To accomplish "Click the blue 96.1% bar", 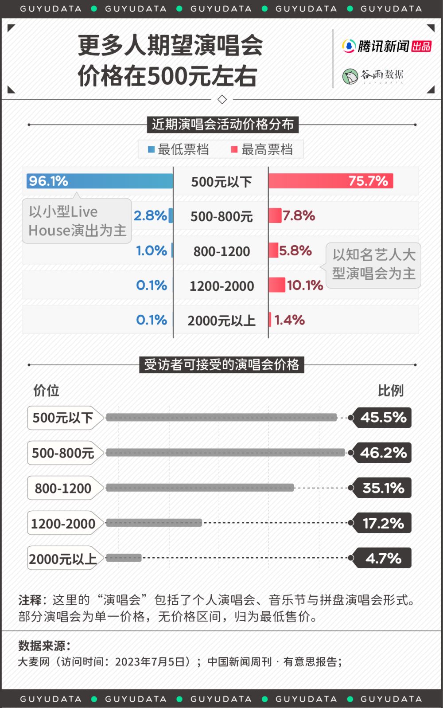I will (x=100, y=181).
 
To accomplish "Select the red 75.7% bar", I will (x=330, y=181).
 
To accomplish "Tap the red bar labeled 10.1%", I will (x=277, y=285).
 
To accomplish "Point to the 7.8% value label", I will (x=299, y=216).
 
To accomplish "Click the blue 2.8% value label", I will (x=150, y=216).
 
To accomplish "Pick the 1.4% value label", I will (x=289, y=320).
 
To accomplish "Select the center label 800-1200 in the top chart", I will (x=221, y=251).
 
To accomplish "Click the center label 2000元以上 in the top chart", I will (x=221, y=321).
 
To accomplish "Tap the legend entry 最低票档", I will (x=179, y=149).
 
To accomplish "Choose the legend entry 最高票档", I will (x=262, y=149).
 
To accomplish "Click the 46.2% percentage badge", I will (x=383, y=453).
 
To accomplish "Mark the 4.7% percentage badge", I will (x=383, y=558).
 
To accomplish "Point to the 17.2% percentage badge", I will (x=383, y=523).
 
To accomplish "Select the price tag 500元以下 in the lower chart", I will (x=63, y=418).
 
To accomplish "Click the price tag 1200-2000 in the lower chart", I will (x=63, y=524).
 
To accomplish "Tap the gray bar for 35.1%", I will (x=200, y=488).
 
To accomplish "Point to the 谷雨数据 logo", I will (x=373, y=76).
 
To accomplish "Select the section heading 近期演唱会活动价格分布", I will (x=222, y=125).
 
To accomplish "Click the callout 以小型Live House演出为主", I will (x=77, y=221).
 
